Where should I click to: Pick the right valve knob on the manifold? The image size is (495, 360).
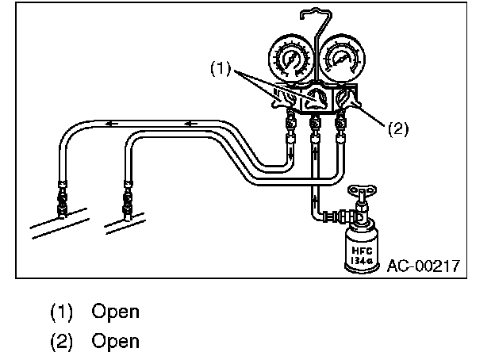(346, 100)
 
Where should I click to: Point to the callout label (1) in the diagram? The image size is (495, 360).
(220, 70)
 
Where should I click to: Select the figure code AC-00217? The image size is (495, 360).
(424, 265)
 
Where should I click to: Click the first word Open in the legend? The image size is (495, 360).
(115, 312)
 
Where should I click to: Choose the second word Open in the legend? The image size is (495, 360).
(115, 341)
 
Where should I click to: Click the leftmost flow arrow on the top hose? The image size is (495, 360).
(113, 124)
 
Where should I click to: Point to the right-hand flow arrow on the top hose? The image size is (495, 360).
(190, 124)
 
